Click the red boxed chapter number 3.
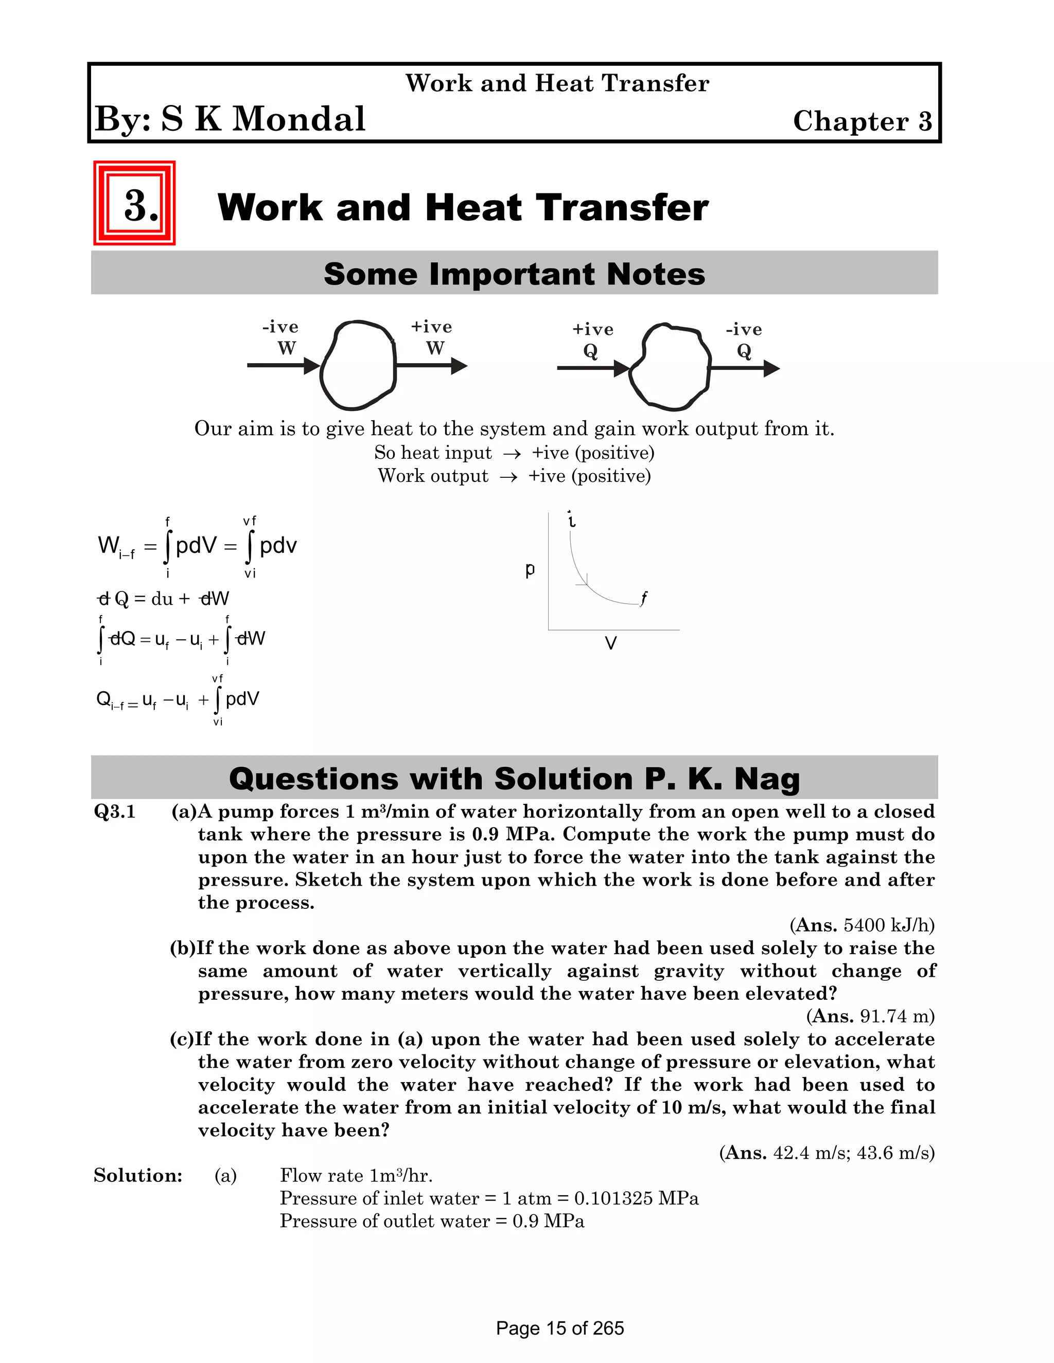[x=135, y=204]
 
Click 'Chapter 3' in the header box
[x=863, y=121]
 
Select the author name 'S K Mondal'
[x=263, y=119]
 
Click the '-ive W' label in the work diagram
[x=281, y=337]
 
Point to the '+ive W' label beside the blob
[x=432, y=337]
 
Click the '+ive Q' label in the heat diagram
[x=592, y=339]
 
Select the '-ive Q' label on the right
[x=744, y=339]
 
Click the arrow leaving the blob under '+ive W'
[x=431, y=366]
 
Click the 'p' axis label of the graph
[x=530, y=569]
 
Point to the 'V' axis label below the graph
[x=611, y=643]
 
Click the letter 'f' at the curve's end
[x=644, y=597]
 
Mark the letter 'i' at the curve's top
[x=571, y=519]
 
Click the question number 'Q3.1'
[x=115, y=811]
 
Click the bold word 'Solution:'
[x=138, y=1175]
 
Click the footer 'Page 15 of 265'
[x=559, y=1328]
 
